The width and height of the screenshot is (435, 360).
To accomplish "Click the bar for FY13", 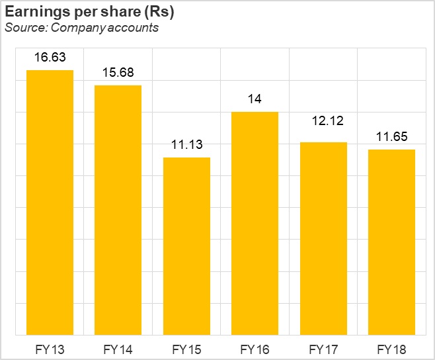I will (x=50, y=202).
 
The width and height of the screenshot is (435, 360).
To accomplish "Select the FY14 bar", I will (x=118, y=210).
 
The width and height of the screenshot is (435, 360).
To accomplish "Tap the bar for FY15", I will (x=186, y=246).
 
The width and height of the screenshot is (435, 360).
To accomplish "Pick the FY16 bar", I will (x=255, y=223).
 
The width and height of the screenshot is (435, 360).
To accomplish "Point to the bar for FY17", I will (x=323, y=238).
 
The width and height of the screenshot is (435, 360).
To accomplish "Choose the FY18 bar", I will (x=391, y=242).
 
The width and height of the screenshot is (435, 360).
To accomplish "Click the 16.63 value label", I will (x=50, y=58).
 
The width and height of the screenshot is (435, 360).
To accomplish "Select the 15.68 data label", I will (x=118, y=73).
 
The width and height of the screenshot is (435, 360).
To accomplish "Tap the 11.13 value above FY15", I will (x=186, y=145).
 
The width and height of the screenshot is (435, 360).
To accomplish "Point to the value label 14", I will (x=255, y=99).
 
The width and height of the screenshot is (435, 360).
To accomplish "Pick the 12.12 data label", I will (x=323, y=122).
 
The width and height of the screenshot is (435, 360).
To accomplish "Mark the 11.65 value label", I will (x=391, y=137).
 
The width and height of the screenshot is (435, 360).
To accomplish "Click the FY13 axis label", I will (x=50, y=349).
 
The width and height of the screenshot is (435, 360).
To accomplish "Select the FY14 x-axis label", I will (x=118, y=349).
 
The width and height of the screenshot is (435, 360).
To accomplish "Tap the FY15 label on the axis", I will (x=186, y=349).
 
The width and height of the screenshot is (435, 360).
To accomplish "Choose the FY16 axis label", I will (x=255, y=349).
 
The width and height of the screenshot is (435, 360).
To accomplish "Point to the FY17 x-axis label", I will (x=323, y=349).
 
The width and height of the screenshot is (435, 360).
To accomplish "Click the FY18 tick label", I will (x=391, y=349).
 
